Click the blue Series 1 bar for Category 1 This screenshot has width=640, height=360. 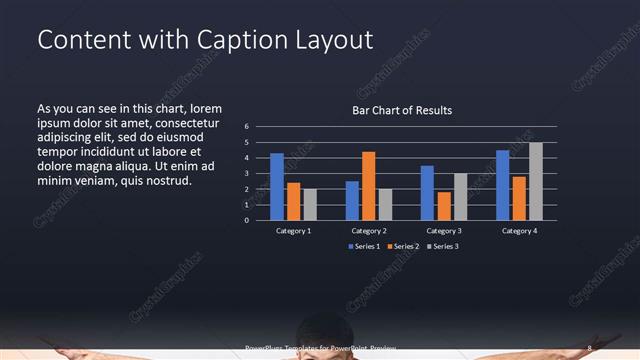pyautogui.click(x=277, y=187)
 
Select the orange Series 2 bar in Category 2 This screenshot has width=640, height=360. pyautogui.click(x=368, y=186)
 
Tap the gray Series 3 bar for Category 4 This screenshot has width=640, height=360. pyautogui.click(x=536, y=181)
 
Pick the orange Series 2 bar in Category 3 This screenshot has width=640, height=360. pyautogui.click(x=444, y=206)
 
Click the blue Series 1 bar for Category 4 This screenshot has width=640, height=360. pyautogui.click(x=502, y=185)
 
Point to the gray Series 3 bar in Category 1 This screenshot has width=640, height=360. pyautogui.click(x=310, y=204)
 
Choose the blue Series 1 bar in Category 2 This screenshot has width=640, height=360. pyautogui.click(x=352, y=200)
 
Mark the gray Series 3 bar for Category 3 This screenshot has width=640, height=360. pyautogui.click(x=460, y=197)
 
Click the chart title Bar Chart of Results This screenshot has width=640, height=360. pyautogui.click(x=403, y=110)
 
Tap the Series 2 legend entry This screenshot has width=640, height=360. pyautogui.click(x=402, y=246)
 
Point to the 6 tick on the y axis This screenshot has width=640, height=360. pyautogui.click(x=260, y=127)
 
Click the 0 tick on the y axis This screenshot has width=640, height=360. pyautogui.click(x=260, y=220)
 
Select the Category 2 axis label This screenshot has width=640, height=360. pyautogui.click(x=368, y=231)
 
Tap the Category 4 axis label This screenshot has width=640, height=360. pyautogui.click(x=518, y=231)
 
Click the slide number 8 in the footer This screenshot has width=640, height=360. pyautogui.click(x=589, y=349)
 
